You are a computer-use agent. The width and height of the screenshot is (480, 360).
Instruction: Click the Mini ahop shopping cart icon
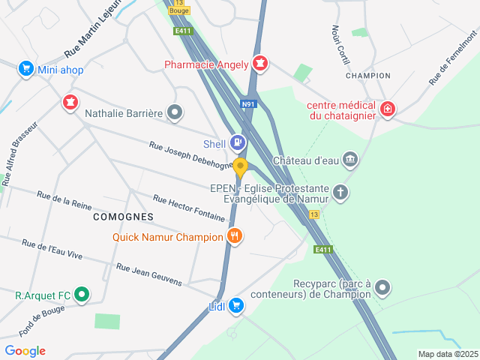tap(26, 69)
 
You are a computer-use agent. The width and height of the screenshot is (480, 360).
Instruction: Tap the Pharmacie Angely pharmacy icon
tap(260, 64)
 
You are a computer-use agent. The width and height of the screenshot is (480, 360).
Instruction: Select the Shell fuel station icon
tap(237, 142)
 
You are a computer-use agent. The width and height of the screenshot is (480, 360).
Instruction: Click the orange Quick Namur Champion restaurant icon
tap(235, 236)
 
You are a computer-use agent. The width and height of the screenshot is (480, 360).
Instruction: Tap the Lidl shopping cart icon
tap(236, 304)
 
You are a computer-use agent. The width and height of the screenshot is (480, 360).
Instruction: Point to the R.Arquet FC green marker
tap(82, 295)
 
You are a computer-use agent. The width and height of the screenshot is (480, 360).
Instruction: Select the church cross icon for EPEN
tap(340, 193)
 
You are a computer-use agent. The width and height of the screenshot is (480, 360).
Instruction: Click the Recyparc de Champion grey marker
tap(382, 287)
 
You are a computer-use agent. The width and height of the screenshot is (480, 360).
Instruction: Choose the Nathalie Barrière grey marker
tap(175, 113)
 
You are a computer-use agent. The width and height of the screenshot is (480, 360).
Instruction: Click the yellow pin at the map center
tap(240, 168)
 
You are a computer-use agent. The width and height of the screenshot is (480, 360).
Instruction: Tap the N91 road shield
tap(248, 104)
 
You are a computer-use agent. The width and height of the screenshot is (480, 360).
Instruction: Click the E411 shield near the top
tap(181, 31)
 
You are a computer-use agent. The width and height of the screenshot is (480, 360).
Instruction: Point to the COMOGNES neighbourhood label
tap(123, 216)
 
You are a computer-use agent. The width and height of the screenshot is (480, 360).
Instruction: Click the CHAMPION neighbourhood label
tap(367, 76)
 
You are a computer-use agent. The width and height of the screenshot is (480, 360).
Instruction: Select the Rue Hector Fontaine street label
tap(189, 208)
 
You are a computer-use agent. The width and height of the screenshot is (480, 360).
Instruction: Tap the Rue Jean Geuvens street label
tap(149, 274)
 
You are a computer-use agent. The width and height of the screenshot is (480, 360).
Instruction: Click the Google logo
tap(25, 351)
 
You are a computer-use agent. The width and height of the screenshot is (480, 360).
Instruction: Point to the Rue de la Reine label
tap(64, 199)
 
